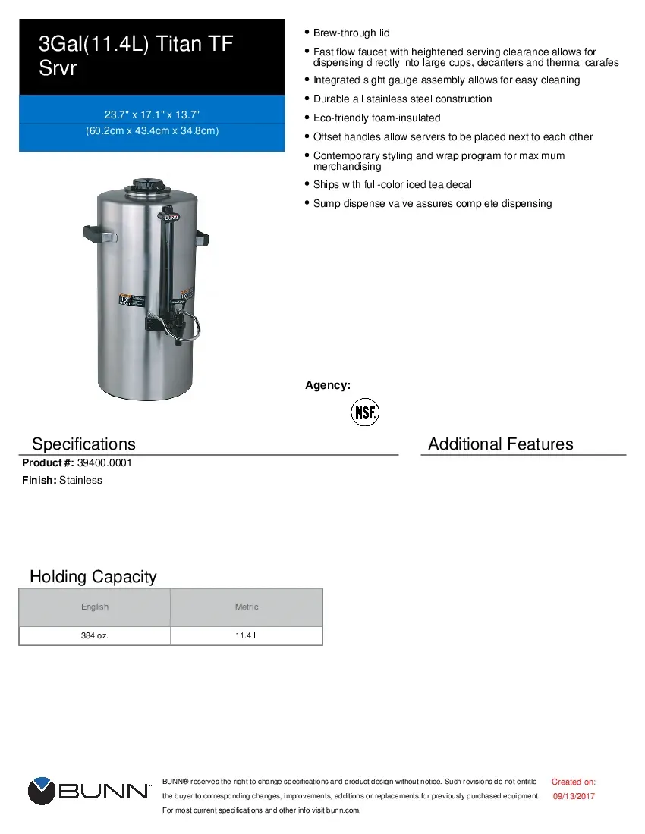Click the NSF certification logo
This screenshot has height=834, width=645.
click(364, 412)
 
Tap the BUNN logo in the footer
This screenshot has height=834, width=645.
click(89, 791)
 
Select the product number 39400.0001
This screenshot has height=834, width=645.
click(105, 462)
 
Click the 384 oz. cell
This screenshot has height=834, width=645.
click(95, 635)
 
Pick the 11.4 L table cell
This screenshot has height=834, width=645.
click(247, 635)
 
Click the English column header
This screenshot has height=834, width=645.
click(95, 607)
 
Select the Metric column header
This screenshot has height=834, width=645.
click(247, 607)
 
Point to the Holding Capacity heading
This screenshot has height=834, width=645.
click(93, 576)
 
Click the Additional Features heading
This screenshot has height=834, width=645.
click(500, 444)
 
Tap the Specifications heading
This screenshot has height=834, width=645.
click(83, 444)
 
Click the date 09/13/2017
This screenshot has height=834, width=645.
click(574, 796)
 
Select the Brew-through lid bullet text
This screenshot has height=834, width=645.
click(351, 33)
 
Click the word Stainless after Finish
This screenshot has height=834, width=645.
click(80, 480)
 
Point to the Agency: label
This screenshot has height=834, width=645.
click(327, 385)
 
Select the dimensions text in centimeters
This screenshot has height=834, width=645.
click(152, 131)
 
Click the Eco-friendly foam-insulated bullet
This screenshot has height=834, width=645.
click(376, 118)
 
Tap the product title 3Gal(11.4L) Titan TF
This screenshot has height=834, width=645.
click(136, 45)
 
